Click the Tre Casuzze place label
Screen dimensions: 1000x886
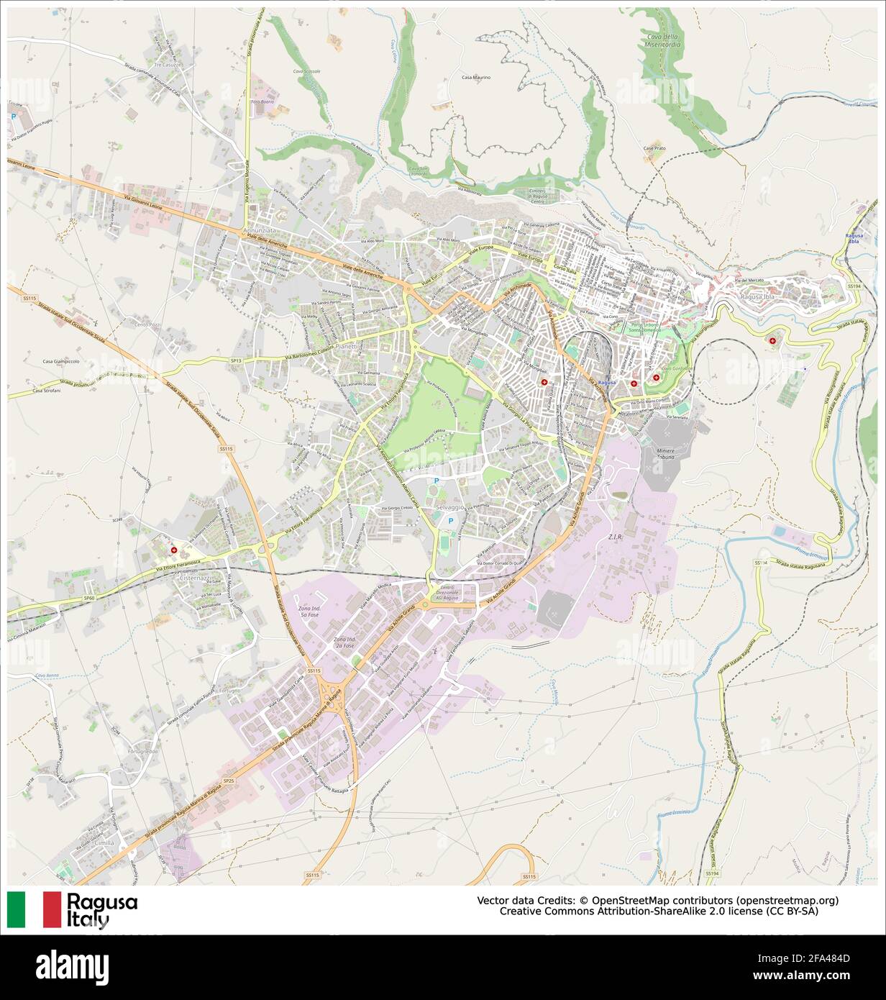click(x=168, y=65)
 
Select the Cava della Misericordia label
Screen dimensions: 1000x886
click(x=662, y=40)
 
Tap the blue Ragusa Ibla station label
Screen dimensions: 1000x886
click(x=854, y=239)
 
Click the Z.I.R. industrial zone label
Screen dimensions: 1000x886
click(x=615, y=537)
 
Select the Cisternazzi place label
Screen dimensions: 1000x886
click(x=193, y=578)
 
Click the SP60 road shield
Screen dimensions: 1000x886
click(x=88, y=598)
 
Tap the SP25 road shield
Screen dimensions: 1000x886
click(x=229, y=781)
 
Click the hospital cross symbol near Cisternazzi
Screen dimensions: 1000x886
click(x=173, y=550)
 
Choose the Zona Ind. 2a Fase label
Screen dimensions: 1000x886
click(x=345, y=643)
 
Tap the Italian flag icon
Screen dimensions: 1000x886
click(x=34, y=909)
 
